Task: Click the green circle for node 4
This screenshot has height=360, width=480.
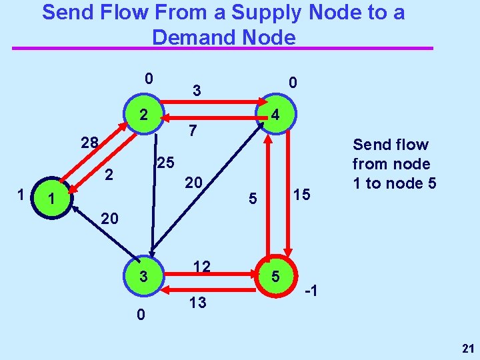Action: (x=274, y=116)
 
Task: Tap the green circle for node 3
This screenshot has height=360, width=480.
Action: (x=143, y=276)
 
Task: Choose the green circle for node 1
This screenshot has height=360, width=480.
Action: (x=51, y=198)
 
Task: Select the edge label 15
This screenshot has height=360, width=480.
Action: (x=301, y=194)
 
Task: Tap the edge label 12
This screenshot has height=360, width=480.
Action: (x=202, y=267)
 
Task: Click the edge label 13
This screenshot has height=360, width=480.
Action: (x=197, y=303)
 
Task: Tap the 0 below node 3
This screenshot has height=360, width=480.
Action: (x=141, y=313)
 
